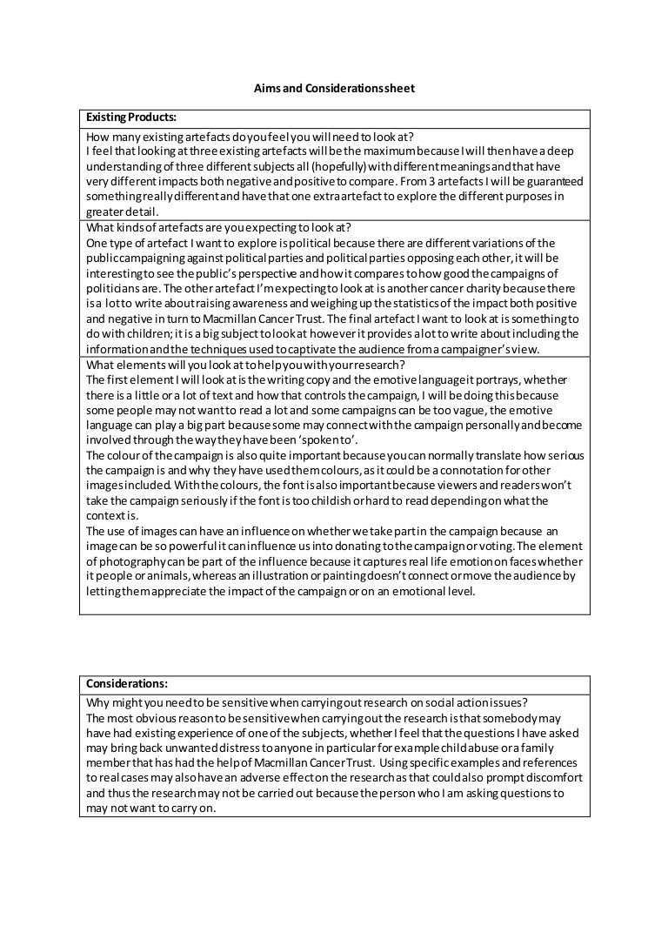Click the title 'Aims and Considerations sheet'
click(x=334, y=88)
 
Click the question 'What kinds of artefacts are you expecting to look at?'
click(x=217, y=228)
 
